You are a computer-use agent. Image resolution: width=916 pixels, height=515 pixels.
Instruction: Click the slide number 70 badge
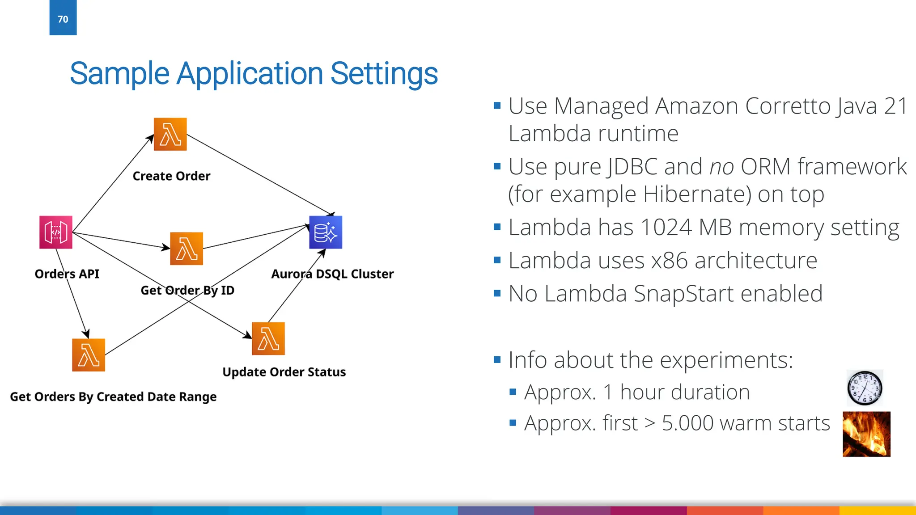click(x=63, y=18)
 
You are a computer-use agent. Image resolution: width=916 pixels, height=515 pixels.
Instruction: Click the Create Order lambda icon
click(x=170, y=134)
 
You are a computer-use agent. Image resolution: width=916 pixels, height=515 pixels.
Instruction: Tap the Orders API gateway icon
click(x=56, y=232)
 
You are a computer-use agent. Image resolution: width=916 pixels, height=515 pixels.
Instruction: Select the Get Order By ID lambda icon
click(x=187, y=249)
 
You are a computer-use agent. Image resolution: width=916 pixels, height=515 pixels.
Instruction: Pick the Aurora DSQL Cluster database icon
click(x=326, y=232)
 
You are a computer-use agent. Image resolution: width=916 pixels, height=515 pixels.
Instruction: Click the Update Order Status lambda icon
click(x=268, y=338)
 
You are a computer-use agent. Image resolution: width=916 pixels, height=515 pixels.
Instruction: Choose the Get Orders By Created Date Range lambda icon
click(x=89, y=355)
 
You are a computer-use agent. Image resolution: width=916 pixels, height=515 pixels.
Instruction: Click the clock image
click(x=865, y=388)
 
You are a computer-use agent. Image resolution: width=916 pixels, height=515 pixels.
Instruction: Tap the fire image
click(x=866, y=434)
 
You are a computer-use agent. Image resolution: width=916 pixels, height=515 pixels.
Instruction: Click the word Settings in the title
click(x=384, y=74)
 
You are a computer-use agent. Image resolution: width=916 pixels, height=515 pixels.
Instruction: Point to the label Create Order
click(x=171, y=176)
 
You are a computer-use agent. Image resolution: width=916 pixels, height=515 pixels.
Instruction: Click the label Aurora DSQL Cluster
click(x=332, y=274)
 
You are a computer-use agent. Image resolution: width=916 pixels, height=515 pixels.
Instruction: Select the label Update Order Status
click(x=284, y=372)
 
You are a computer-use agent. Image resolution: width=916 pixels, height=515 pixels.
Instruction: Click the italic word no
click(x=721, y=167)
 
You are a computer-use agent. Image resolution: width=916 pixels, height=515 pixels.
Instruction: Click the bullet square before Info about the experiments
click(x=497, y=359)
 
